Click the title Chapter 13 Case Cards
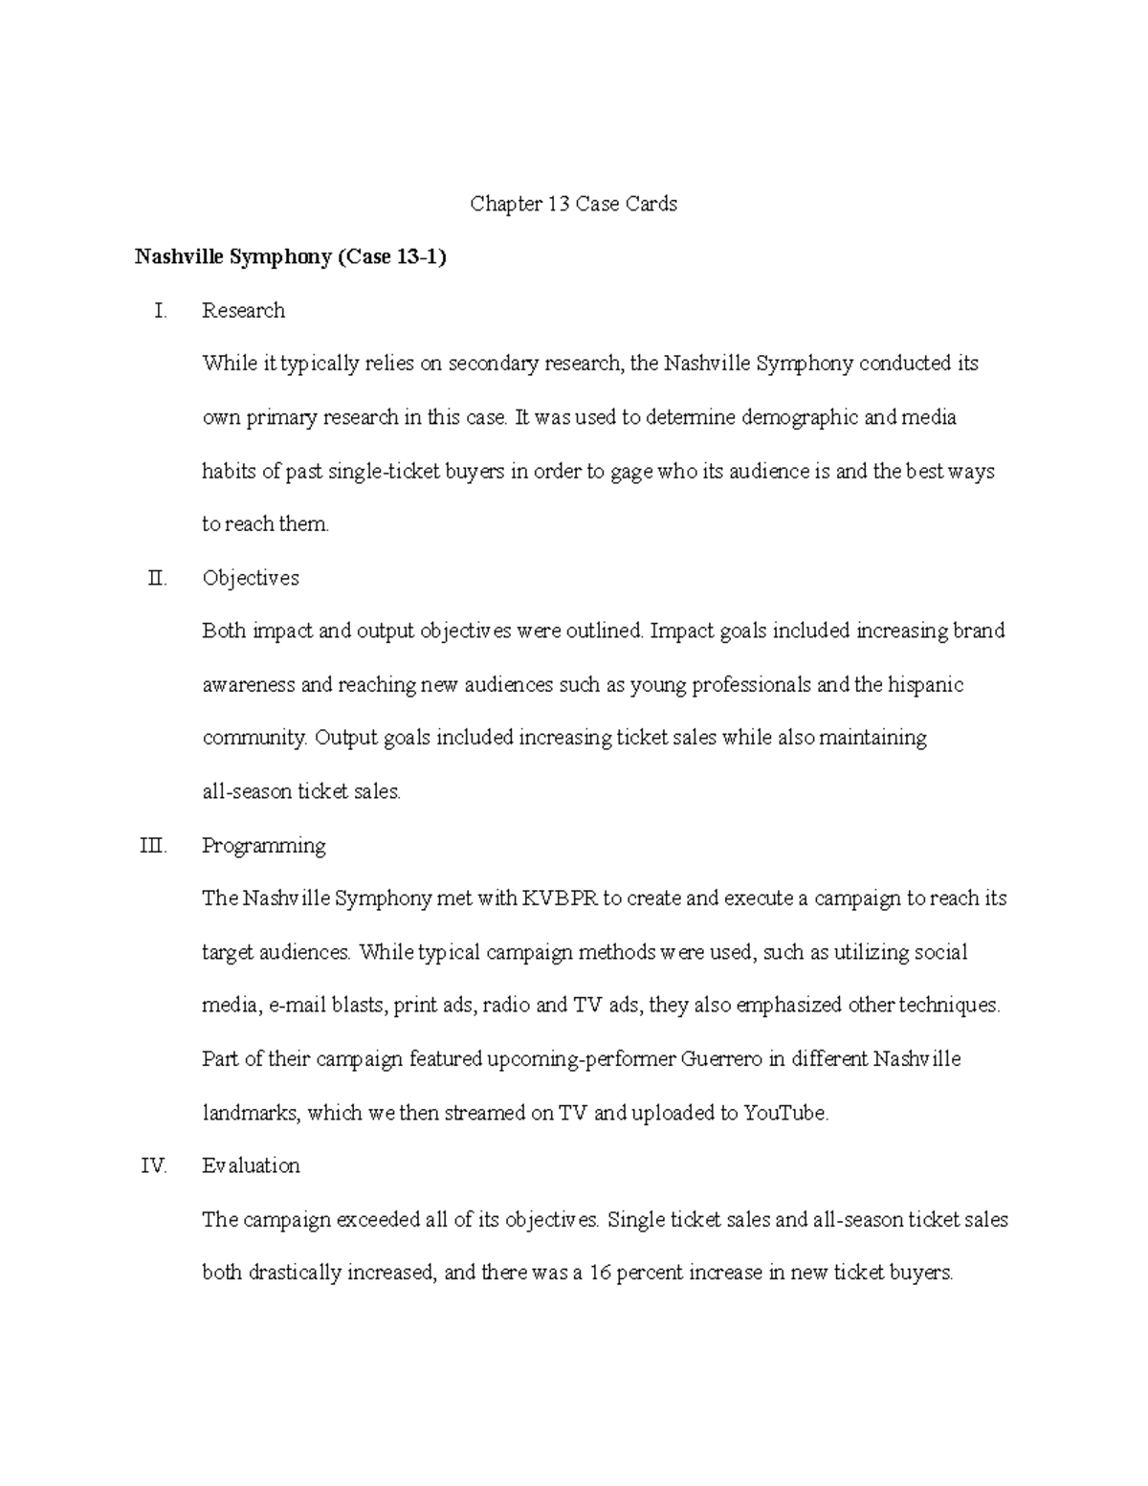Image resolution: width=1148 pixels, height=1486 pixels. [573, 204]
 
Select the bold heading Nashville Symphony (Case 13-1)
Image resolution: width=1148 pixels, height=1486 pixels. [290, 257]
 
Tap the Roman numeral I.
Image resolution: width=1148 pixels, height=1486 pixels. [160, 311]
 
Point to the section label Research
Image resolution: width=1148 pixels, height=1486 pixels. [243, 311]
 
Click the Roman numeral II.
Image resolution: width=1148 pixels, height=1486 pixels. [157, 578]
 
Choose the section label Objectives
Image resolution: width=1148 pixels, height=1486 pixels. [251, 578]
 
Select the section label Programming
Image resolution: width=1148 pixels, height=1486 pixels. [264, 846]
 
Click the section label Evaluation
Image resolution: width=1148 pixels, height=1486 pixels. [251, 1165]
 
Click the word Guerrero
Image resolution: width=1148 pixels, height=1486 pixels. [720, 1059]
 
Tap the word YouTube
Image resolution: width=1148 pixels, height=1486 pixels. [784, 1113]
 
